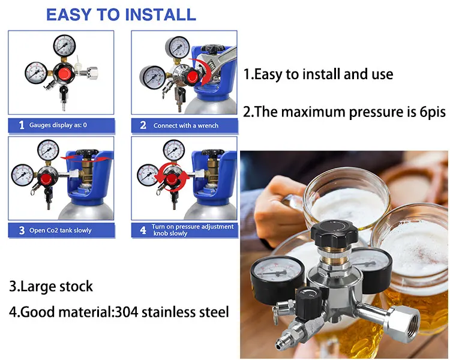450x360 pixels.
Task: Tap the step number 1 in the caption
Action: pos(22,125)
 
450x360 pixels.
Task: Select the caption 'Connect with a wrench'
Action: pos(185,126)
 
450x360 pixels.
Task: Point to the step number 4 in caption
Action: pos(143,230)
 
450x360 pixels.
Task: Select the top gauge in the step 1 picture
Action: pos(63,44)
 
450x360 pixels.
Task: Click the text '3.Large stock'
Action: pos(51,286)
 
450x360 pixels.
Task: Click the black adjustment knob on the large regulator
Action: pos(327,232)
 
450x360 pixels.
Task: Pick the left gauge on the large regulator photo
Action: pos(277,275)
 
